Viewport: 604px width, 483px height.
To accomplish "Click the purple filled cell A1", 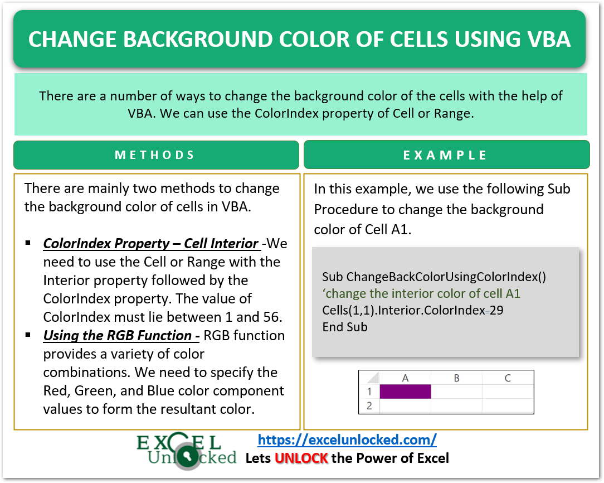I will coord(405,392).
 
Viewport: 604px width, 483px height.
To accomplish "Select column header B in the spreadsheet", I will coord(456,378).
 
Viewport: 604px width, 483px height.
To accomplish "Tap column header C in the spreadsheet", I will coord(508,378).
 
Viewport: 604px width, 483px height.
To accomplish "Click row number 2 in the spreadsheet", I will coord(369,405).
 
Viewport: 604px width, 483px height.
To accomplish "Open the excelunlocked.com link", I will coord(347,439).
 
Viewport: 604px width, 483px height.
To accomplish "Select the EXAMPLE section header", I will coord(445,155).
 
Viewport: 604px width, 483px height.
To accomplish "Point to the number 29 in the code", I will coord(496,310).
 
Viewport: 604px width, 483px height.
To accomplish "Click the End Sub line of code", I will coord(345,327).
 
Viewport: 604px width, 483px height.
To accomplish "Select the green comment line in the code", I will coord(421,293).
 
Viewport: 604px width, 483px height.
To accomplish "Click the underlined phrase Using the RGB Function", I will coord(121,335).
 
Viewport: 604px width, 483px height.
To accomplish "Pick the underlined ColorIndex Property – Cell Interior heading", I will coord(150,244).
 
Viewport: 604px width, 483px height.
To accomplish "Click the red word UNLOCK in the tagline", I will coord(301,458).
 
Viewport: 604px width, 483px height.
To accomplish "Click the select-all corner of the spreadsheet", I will coord(369,378).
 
